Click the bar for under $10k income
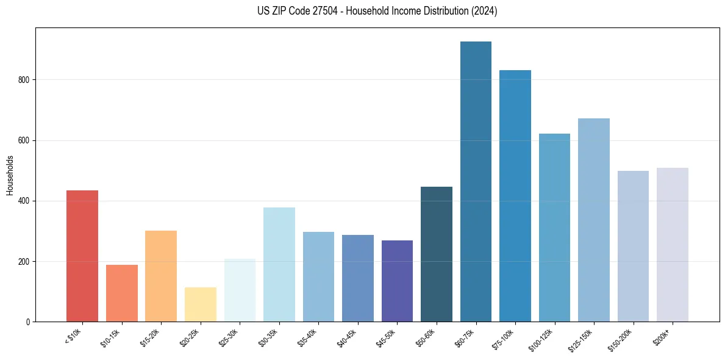click(x=82, y=256)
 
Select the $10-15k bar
click(x=122, y=293)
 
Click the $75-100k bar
click(x=515, y=196)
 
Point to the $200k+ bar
click(x=673, y=245)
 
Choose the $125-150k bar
click(x=594, y=220)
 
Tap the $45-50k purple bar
click(x=397, y=281)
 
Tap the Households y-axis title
click(x=10, y=175)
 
